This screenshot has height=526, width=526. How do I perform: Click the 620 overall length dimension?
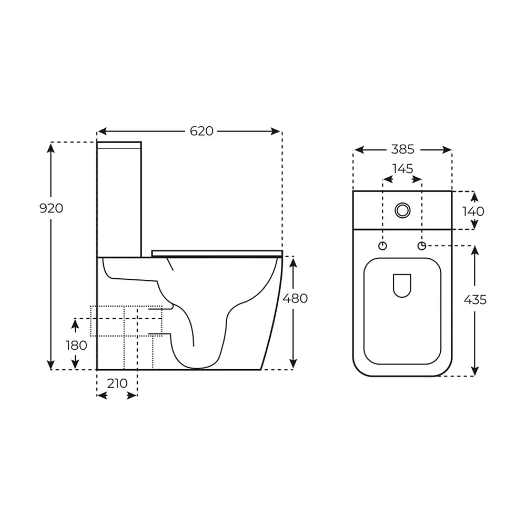(x=201, y=131)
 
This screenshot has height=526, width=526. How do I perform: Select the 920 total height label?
(x=51, y=208)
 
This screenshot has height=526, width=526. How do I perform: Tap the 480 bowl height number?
(x=295, y=298)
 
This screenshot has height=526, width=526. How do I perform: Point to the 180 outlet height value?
(x=76, y=345)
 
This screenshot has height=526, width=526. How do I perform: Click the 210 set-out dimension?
(x=117, y=383)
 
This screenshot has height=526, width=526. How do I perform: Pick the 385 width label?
(x=402, y=149)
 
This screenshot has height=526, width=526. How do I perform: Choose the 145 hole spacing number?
(x=403, y=168)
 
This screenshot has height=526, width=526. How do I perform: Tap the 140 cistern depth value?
(x=473, y=211)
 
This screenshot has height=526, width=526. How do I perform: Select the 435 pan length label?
(x=475, y=300)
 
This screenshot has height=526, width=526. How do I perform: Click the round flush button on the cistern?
(x=402, y=210)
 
